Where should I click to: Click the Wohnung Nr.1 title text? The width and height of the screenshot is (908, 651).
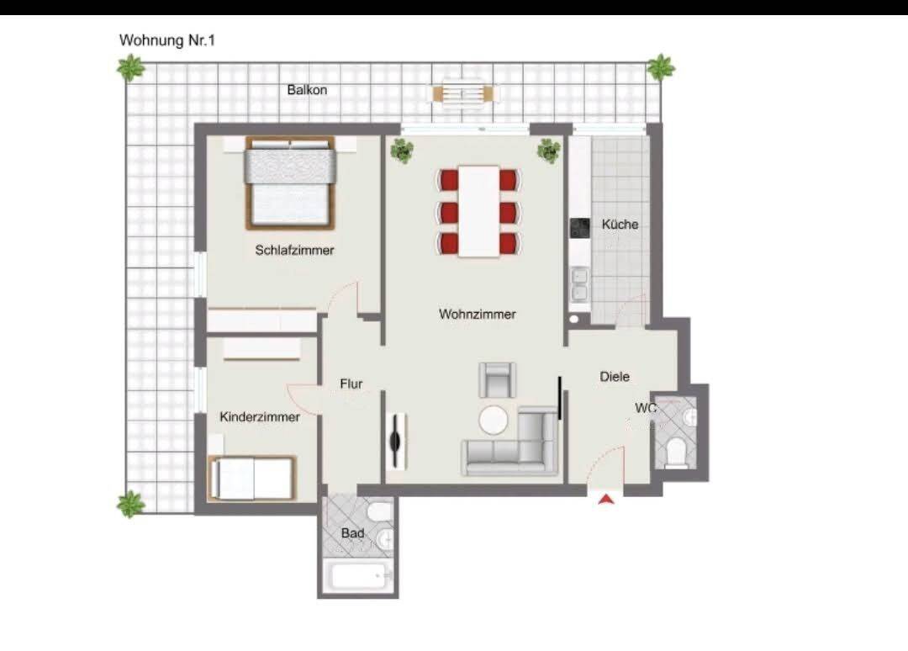click(x=166, y=40)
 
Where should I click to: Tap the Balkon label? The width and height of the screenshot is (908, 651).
click(x=307, y=90)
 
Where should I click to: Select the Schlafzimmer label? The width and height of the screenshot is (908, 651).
click(x=295, y=250)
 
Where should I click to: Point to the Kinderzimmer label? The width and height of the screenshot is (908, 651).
click(x=260, y=417)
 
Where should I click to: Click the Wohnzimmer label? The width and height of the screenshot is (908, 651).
click(x=478, y=314)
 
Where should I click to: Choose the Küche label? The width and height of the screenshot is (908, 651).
click(x=620, y=224)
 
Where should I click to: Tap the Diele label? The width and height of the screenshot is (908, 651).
click(x=615, y=377)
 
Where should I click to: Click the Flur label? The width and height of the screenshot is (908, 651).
click(x=351, y=384)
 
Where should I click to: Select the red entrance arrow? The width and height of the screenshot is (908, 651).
click(x=606, y=499)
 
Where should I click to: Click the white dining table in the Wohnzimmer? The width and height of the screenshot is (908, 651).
click(x=479, y=211)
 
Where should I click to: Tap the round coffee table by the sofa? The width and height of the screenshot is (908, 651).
click(x=494, y=420)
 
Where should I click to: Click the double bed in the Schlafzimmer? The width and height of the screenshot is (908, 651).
click(x=290, y=182)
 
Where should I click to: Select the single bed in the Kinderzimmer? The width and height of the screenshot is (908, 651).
click(x=252, y=479)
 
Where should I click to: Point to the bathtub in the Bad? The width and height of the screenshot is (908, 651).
click(x=358, y=575)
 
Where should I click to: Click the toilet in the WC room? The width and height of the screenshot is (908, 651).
click(x=674, y=453)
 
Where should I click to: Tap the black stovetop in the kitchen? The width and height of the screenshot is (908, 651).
click(x=579, y=228)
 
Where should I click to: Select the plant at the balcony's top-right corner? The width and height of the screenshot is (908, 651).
click(x=660, y=68)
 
